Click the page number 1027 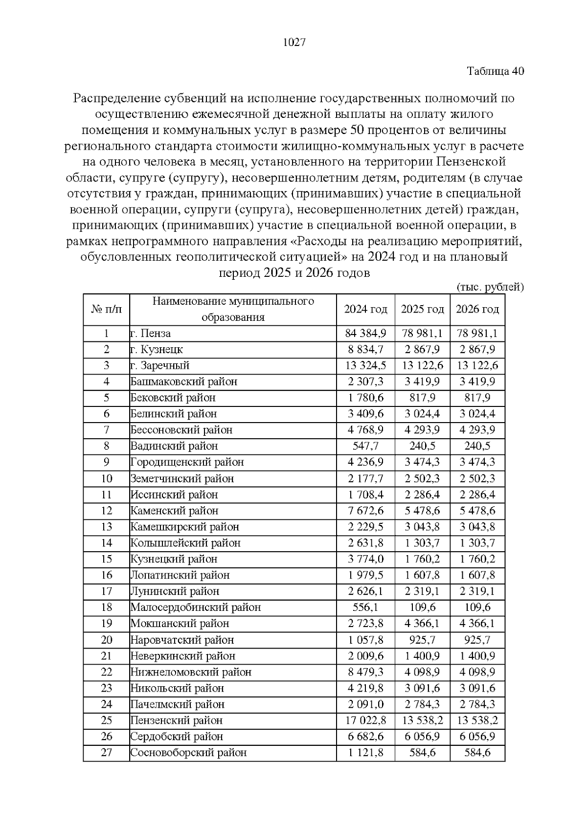294,43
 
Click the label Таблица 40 495,71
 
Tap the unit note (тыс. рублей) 490,287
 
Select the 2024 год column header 365,310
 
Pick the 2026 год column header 477,310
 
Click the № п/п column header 106,310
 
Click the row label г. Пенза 151,334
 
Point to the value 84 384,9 365,334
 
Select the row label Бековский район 173,398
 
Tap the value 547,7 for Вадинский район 365,447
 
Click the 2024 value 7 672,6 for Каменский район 365,511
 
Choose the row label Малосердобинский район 195,608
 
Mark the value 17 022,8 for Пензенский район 365,721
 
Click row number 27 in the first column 106,753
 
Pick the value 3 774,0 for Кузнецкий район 365,560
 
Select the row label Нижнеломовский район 191,673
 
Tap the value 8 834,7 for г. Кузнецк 365,350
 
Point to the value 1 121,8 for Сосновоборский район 365,753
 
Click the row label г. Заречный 159,366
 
